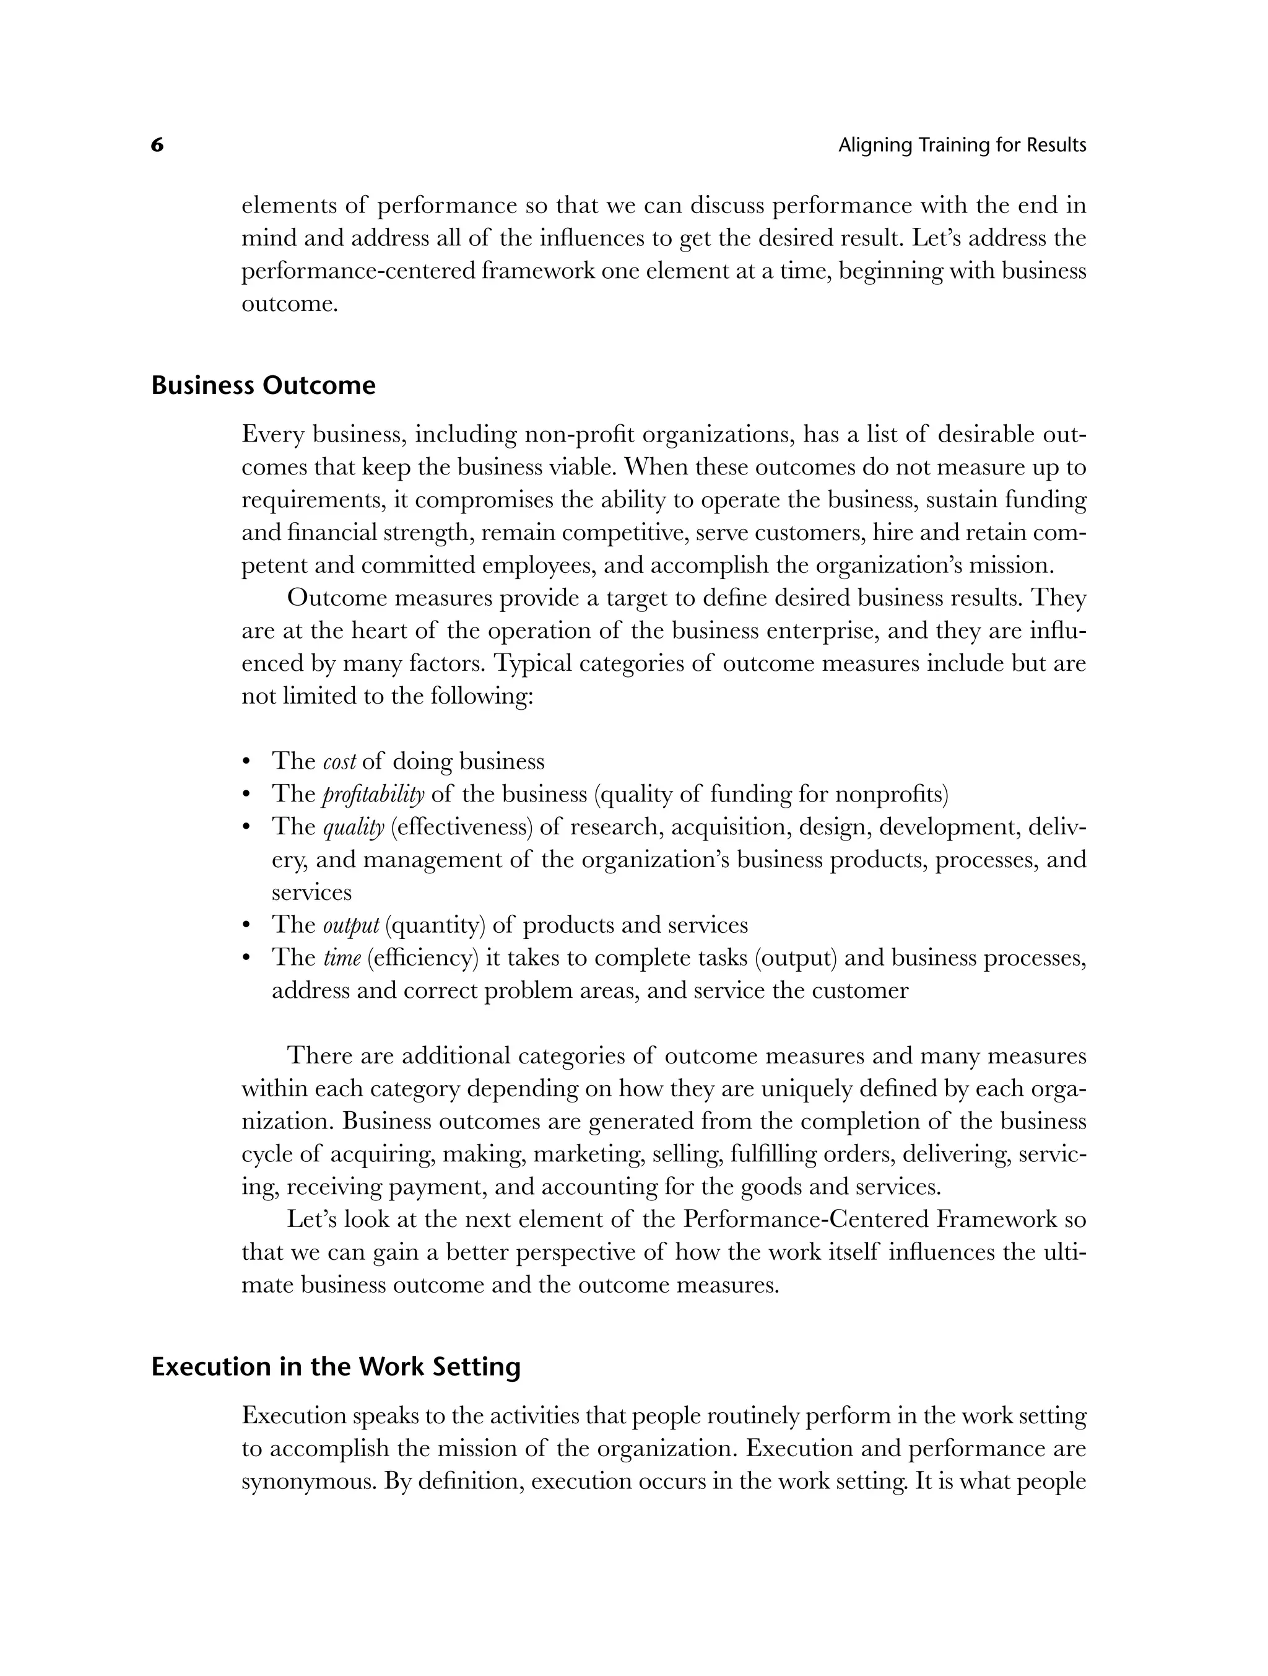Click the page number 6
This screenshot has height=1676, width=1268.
tap(157, 145)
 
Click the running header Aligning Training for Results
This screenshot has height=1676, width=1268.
tap(962, 145)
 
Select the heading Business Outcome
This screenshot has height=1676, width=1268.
tap(264, 386)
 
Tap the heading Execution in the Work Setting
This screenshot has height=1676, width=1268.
tap(336, 1367)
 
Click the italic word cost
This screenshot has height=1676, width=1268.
tap(339, 761)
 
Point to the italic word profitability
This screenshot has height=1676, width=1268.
tap(373, 794)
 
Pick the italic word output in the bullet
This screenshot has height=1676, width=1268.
tap(350, 925)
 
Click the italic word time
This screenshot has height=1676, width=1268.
tap(342, 959)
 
